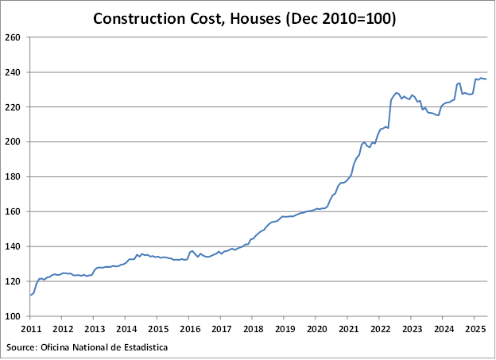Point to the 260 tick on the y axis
point(13,37)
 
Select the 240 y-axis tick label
point(13,72)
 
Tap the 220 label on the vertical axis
point(13,107)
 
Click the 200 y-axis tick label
point(13,142)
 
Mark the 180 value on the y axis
point(13,177)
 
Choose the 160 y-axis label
point(13,212)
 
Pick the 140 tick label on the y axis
point(13,247)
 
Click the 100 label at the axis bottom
point(13,316)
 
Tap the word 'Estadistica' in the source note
point(144,347)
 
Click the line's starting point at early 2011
point(31,295)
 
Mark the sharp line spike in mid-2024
point(459,83)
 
